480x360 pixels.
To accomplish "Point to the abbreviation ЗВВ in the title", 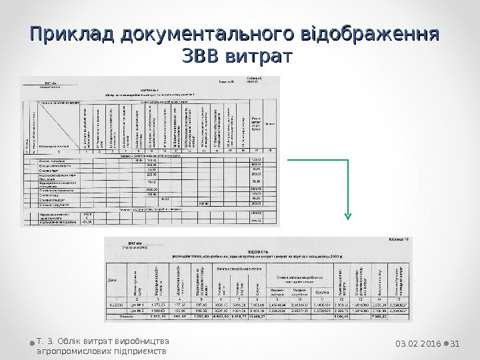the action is click(199, 57).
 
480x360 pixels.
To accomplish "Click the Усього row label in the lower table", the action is click(122, 317).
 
